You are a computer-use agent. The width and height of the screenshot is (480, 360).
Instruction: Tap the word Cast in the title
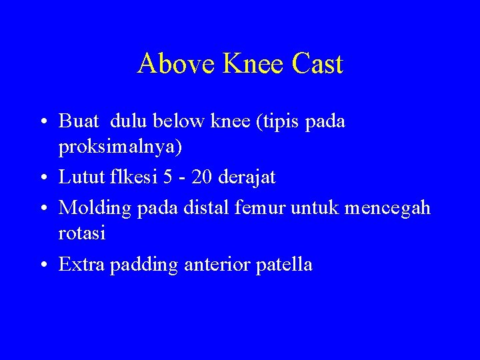(x=317, y=64)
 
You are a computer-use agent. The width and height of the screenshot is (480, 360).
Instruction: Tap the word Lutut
(x=80, y=177)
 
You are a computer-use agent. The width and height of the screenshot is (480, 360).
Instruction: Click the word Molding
(x=95, y=208)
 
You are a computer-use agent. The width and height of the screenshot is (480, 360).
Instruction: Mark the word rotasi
(x=82, y=234)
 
